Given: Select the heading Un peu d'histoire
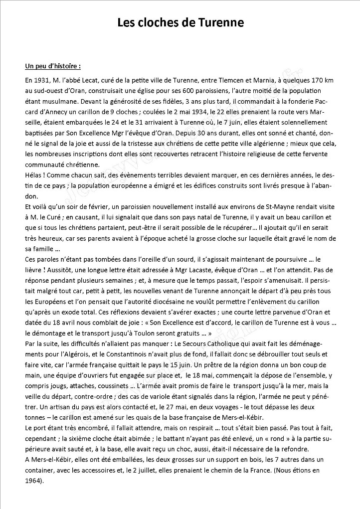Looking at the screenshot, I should tap(52, 66).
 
